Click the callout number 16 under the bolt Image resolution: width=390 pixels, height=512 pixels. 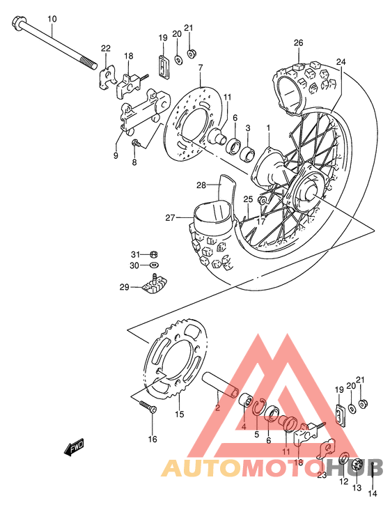(153, 439)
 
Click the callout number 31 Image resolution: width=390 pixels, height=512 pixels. (136, 254)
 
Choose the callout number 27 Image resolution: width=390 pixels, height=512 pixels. (169, 218)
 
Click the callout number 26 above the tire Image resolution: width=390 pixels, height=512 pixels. (298, 43)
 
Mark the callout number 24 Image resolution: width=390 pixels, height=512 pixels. (341, 62)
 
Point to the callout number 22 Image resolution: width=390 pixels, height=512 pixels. (105, 48)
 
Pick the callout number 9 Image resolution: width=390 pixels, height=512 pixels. (116, 137)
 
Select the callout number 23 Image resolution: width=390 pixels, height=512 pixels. (321, 476)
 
